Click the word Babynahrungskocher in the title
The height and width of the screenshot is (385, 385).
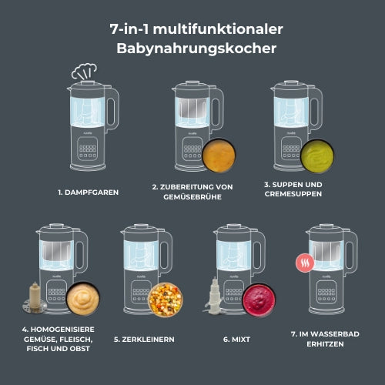click(x=196, y=49)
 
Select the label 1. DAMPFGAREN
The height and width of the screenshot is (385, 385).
click(x=89, y=192)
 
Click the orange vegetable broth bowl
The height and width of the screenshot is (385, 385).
click(x=219, y=155)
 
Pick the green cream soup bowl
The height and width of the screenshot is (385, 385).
click(x=317, y=156)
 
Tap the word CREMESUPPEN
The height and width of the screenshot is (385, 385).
click(x=293, y=194)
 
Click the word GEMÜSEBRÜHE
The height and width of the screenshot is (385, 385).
click(x=192, y=197)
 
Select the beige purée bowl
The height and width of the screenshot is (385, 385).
click(x=83, y=299)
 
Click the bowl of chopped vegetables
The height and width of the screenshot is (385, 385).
click(x=166, y=300)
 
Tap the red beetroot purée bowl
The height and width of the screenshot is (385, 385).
click(x=259, y=300)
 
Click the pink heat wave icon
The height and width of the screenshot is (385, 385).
click(x=305, y=263)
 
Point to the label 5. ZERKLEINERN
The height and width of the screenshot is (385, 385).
click(x=144, y=340)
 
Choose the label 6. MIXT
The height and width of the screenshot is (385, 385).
click(x=236, y=340)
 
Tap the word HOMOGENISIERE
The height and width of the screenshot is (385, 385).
click(x=62, y=330)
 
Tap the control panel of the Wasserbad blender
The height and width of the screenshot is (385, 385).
click(x=326, y=292)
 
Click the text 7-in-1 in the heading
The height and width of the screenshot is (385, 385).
click(x=129, y=29)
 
